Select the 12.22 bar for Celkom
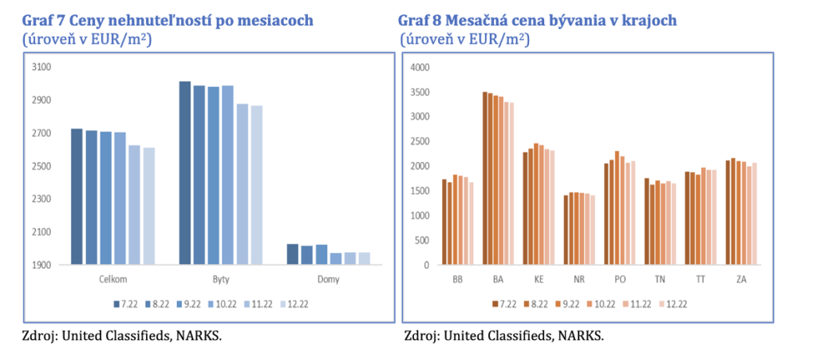(x=148, y=205)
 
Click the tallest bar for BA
(x=485, y=178)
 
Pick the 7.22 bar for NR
(x=566, y=230)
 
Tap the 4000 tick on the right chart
(x=419, y=67)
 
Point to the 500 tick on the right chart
(x=422, y=240)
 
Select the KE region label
(x=539, y=280)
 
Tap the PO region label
(x=620, y=280)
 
